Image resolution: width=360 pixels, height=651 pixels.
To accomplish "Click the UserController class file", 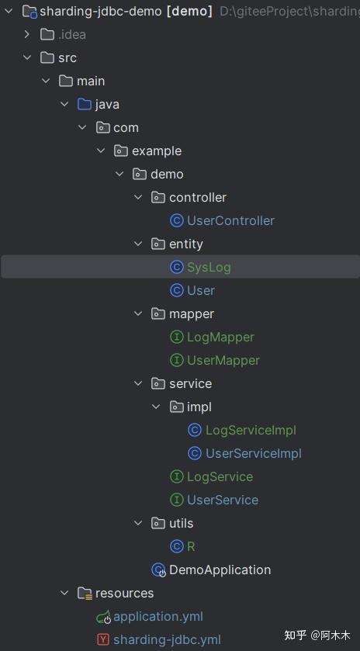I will pos(230,220).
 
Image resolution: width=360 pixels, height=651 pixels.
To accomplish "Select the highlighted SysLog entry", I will pos(209,267).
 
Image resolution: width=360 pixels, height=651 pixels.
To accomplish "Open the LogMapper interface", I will pos(220,337).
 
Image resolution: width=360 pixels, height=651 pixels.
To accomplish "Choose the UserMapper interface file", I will pos(223,360).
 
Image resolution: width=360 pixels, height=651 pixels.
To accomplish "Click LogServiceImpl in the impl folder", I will pos(251,430).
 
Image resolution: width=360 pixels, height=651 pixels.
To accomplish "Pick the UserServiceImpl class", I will pos(253,453).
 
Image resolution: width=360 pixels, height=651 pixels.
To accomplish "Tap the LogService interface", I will pos(220,476).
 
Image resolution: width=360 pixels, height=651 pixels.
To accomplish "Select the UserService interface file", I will pos(223,500).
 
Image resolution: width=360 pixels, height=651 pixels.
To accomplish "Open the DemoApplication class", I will pos(220,570).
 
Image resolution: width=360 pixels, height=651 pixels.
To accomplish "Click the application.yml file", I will pos(157,616).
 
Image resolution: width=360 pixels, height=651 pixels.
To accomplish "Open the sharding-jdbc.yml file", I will pos(167,639).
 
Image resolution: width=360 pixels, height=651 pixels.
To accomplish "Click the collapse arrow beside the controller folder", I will pos(138,197).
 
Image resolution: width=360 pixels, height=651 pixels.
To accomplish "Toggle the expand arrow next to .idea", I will pos(27,34).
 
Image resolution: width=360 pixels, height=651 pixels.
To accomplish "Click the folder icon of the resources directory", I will pos(84,593).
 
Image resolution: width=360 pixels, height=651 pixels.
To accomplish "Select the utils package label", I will pos(182,523).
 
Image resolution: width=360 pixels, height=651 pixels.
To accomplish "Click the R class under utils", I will pos(191,546).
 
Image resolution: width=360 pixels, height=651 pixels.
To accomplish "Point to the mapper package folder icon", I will pos(157,313).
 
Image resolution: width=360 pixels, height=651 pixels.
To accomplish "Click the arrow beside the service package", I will pos(138,383).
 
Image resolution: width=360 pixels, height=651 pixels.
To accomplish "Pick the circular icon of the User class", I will pos(176,290).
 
